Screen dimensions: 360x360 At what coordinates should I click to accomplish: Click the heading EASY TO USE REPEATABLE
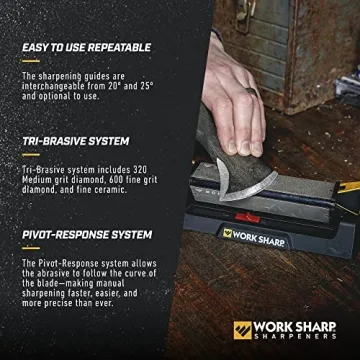pos(86,47)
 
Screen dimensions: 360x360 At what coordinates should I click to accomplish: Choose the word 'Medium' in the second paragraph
pos(39,181)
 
